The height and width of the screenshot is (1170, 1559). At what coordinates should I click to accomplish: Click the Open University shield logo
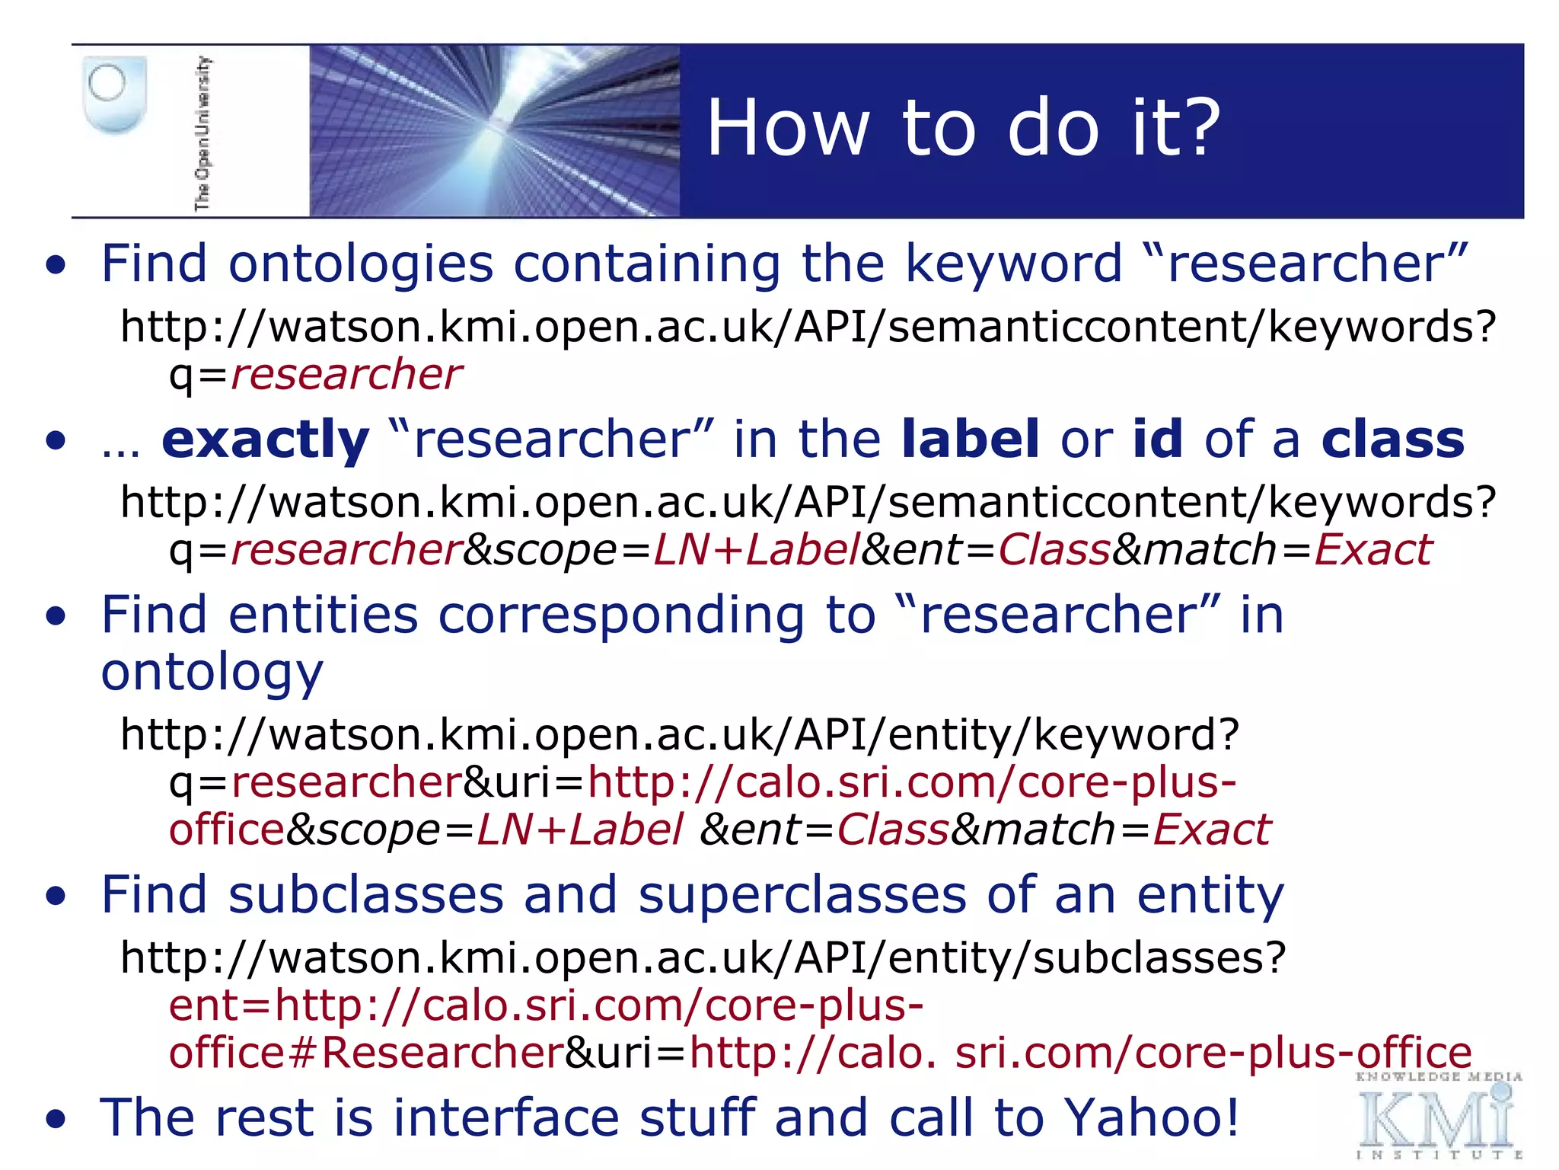pos(113,95)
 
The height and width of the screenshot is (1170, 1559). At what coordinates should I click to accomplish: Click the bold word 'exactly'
pos(265,440)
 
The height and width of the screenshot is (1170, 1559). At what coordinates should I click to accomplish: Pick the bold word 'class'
pos(1392,440)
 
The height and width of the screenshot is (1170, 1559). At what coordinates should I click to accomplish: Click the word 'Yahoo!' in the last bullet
pos(1152,1117)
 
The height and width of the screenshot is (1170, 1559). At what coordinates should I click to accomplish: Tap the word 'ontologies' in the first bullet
pos(361,264)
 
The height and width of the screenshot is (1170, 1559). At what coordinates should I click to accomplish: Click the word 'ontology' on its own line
pos(212,673)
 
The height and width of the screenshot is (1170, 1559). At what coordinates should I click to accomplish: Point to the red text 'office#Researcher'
pos(366,1053)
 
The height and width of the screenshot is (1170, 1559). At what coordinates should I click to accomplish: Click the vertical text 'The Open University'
pos(202,133)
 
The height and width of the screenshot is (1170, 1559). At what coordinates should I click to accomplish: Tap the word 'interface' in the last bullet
pos(505,1117)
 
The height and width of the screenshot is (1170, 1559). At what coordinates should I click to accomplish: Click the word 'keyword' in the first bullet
pos(1013,264)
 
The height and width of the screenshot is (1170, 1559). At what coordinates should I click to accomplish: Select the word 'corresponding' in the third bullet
pos(621,615)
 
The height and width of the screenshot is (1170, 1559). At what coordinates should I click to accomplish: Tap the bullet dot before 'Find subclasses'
pos(56,897)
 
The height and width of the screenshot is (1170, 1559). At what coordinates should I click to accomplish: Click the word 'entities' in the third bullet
pos(323,615)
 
